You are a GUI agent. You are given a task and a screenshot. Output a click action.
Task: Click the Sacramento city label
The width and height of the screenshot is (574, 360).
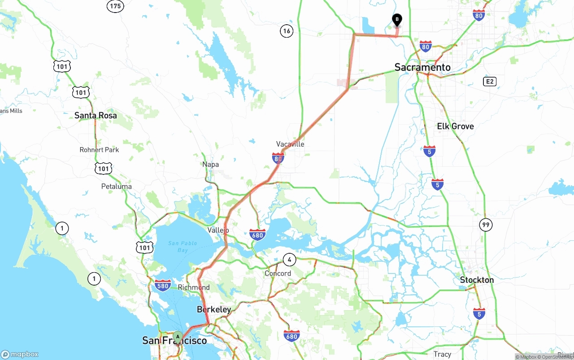(422, 67)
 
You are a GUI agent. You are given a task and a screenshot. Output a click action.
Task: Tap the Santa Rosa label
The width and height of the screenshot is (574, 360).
(96, 115)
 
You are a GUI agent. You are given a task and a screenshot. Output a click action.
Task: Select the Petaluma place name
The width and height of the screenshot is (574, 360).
(117, 186)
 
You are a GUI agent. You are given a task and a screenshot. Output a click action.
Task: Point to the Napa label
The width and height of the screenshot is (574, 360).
(210, 165)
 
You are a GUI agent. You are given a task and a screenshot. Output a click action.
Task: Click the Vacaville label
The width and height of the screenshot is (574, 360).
(290, 144)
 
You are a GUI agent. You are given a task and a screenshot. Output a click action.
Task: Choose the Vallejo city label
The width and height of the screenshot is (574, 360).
(218, 230)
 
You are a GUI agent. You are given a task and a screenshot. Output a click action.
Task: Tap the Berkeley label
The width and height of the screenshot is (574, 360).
(214, 309)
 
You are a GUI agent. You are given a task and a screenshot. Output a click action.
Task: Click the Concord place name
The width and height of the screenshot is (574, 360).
(278, 273)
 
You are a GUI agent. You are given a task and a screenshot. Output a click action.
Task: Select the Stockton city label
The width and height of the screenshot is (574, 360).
(477, 280)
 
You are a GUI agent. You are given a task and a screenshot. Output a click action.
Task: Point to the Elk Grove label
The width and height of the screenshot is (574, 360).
(455, 126)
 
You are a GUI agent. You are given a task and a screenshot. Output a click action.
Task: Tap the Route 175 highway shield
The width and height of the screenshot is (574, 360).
(115, 6)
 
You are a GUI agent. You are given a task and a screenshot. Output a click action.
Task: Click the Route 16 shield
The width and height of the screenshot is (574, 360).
(287, 31)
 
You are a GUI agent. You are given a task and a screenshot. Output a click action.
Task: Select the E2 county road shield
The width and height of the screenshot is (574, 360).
(489, 81)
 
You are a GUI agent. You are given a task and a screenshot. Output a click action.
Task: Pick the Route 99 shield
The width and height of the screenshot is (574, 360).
(486, 225)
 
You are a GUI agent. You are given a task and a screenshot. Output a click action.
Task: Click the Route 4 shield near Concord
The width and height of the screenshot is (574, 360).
(289, 259)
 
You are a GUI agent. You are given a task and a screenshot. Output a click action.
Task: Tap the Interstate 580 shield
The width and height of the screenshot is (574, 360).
(162, 285)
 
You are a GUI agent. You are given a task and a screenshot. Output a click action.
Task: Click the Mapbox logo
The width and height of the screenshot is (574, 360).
(20, 354)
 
